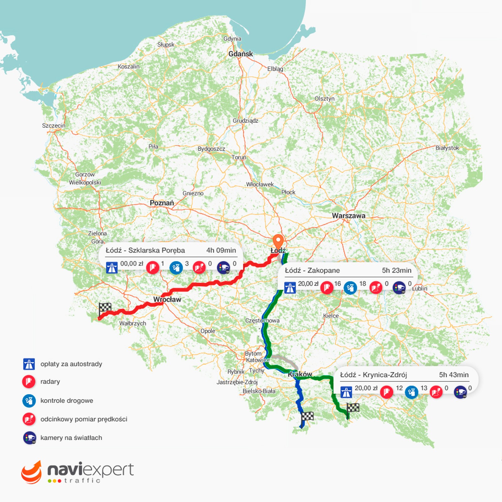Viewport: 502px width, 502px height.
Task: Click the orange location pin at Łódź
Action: click(278, 241)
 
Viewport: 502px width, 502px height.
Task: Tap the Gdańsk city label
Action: click(240, 54)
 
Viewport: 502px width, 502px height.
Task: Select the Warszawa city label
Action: click(349, 216)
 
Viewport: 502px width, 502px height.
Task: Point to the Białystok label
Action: click(447, 148)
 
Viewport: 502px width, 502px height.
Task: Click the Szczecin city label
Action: click(54, 125)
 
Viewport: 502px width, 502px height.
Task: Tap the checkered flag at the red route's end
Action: click(105, 308)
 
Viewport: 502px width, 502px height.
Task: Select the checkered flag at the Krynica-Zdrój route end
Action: click(353, 408)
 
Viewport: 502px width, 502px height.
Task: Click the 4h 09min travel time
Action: click(221, 250)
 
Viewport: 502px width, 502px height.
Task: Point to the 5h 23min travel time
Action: click(396, 270)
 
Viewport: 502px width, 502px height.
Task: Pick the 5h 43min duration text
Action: click(454, 375)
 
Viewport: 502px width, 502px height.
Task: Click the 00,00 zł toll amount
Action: click(132, 264)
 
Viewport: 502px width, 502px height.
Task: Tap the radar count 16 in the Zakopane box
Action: click(338, 284)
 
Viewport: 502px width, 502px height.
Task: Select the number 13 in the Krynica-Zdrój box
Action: click(424, 388)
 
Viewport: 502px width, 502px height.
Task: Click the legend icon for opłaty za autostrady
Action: click(29, 364)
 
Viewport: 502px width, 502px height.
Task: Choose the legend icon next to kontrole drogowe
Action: click(29, 401)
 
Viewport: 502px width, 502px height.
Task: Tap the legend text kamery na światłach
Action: click(71, 438)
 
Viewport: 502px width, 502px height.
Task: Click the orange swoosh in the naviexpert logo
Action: click(31, 472)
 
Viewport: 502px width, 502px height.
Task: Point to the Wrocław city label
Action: click(167, 300)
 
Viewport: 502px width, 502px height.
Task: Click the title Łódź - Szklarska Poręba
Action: click(145, 250)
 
